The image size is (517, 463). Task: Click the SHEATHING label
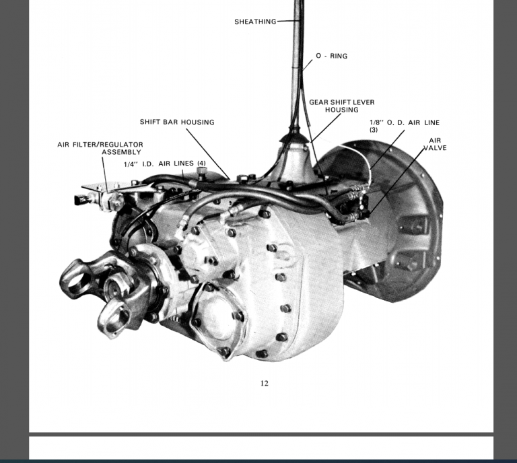255,22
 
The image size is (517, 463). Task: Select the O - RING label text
331,56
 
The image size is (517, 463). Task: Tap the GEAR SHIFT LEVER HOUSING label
341,106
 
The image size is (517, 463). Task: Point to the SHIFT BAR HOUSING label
177,122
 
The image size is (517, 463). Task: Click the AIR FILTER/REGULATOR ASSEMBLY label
100,148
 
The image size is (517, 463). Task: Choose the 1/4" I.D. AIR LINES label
165,164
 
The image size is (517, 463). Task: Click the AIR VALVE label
435,144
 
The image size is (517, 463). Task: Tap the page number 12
265,383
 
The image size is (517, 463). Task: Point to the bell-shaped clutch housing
397,222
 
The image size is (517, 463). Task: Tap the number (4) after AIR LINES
201,164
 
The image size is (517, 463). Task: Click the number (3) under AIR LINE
374,130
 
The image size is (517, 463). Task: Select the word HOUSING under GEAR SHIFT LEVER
341,110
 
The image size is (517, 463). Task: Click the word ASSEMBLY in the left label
121,152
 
